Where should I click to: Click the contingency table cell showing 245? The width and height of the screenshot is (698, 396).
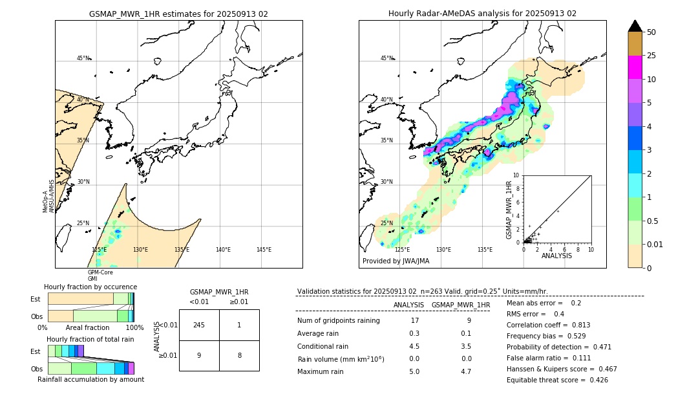click(199, 325)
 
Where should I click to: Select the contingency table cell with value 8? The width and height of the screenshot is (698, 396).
click(239, 355)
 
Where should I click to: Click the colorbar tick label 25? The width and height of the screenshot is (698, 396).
click(651, 56)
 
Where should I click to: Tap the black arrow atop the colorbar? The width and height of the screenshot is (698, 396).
click(635, 26)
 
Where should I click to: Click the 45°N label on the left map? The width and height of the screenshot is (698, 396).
click(83, 58)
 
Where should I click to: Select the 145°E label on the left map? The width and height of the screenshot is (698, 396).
click(264, 250)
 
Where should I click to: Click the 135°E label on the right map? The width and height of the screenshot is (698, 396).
click(485, 250)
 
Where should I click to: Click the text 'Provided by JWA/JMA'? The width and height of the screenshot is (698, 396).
click(396, 261)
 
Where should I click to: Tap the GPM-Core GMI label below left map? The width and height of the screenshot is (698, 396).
click(100, 276)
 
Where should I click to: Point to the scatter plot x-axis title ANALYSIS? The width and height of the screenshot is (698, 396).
click(556, 256)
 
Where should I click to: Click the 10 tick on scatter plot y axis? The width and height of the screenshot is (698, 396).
click(516, 175)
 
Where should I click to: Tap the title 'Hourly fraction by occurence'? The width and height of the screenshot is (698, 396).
click(90, 287)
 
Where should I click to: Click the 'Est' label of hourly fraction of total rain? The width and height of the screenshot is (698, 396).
click(36, 351)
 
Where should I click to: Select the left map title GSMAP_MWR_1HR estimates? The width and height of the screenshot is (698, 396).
click(178, 14)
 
